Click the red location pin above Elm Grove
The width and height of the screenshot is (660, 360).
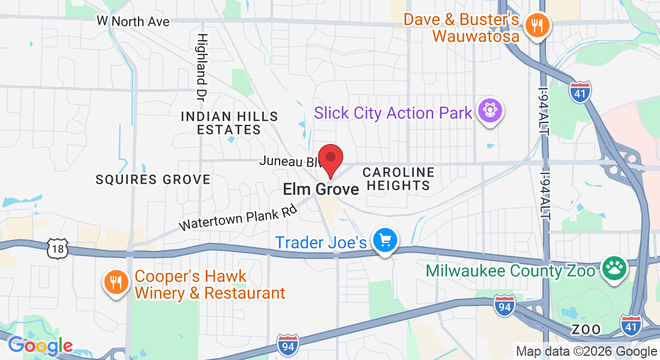coord(330,159)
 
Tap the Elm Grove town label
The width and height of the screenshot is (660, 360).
coord(321,190)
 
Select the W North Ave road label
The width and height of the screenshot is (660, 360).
coord(133,22)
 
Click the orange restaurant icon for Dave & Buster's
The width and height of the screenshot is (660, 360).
coord(534,26)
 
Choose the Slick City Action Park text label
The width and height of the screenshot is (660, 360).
coord(393,113)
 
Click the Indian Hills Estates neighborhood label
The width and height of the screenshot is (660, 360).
coord(229,122)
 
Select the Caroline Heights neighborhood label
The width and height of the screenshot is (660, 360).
coord(399,179)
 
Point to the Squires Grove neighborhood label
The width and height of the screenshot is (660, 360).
coord(154,179)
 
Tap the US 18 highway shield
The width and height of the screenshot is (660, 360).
coord(58,248)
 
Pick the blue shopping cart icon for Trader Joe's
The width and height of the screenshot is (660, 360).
coord(385,241)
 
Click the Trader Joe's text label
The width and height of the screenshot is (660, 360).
coord(320,242)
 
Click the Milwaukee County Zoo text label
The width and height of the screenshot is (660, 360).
coord(510,271)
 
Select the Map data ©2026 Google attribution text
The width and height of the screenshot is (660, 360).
coord(586,352)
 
